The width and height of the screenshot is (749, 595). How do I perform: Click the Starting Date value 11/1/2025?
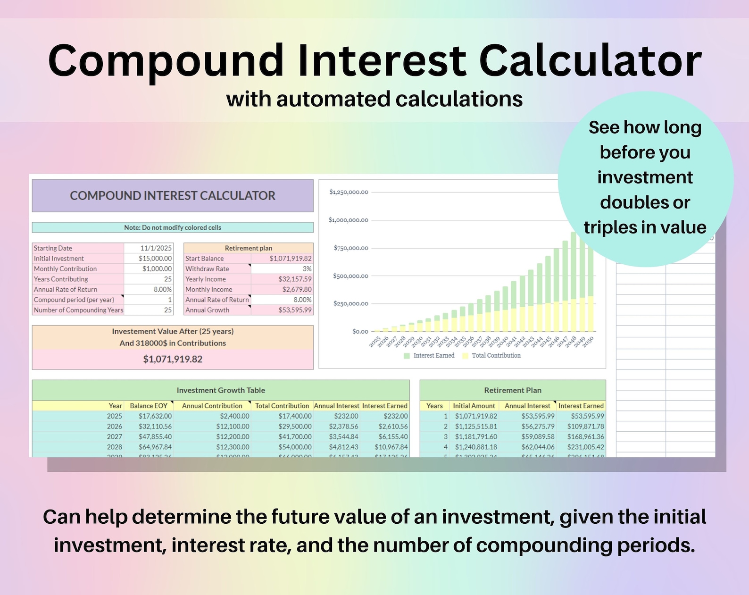[x=156, y=248]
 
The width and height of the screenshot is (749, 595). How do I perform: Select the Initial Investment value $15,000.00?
[x=155, y=259]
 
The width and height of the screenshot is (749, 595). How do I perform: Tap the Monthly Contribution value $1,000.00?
[x=157, y=269]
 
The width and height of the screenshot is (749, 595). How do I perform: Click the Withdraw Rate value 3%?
[x=307, y=269]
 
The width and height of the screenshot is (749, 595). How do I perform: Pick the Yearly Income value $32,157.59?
[x=295, y=279]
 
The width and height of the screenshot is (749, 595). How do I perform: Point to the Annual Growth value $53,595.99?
[x=295, y=310]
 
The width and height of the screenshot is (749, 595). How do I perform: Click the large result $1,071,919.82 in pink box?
[x=173, y=359]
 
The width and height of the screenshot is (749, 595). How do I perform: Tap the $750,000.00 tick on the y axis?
[x=351, y=248]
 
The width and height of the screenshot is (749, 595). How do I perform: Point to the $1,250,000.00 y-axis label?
[x=349, y=192]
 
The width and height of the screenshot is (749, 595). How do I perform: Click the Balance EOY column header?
[x=149, y=406]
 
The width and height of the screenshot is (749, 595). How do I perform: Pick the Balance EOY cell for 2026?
[x=155, y=427]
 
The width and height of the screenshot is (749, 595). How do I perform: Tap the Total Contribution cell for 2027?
[x=295, y=437]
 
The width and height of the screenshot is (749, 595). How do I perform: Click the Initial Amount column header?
[x=474, y=406]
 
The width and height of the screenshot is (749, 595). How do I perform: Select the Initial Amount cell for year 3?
[x=476, y=437]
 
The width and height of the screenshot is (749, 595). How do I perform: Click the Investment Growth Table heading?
[x=221, y=390]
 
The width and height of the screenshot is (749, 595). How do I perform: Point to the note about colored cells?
[x=173, y=227]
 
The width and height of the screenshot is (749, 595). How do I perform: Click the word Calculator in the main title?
[x=591, y=61]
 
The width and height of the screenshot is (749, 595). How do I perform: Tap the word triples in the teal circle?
[x=609, y=228]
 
